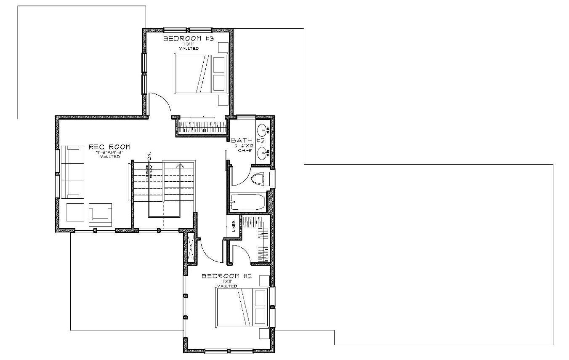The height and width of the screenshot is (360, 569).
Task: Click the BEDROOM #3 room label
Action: click(x=189, y=39)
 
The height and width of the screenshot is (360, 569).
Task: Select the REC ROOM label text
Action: click(x=109, y=147)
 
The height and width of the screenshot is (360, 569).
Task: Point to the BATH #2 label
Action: click(x=247, y=140)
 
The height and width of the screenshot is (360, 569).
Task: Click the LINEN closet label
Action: click(x=234, y=227)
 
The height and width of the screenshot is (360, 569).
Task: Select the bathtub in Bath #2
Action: click(x=248, y=202)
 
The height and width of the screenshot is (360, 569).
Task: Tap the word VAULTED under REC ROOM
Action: click(x=110, y=157)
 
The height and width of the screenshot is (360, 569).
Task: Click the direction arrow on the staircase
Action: click(x=180, y=165)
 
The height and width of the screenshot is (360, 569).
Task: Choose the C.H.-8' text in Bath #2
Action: click(x=247, y=150)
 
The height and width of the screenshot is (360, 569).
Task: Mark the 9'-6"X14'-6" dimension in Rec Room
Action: click(x=110, y=152)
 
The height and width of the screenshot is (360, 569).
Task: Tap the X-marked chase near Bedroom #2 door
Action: click(x=191, y=248)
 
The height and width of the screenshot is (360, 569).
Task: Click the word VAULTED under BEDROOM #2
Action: click(x=227, y=286)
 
